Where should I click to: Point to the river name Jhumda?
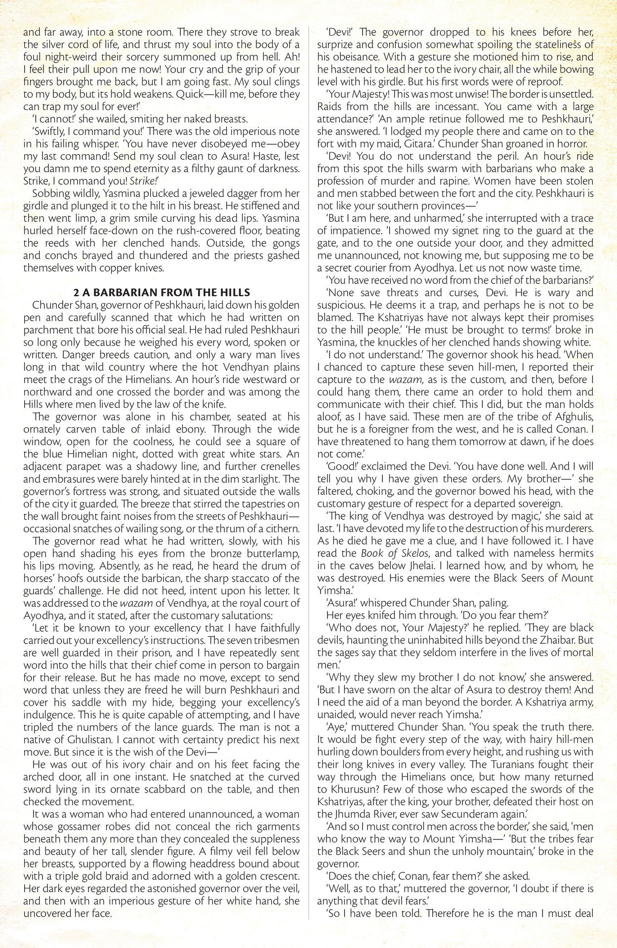click(x=355, y=814)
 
